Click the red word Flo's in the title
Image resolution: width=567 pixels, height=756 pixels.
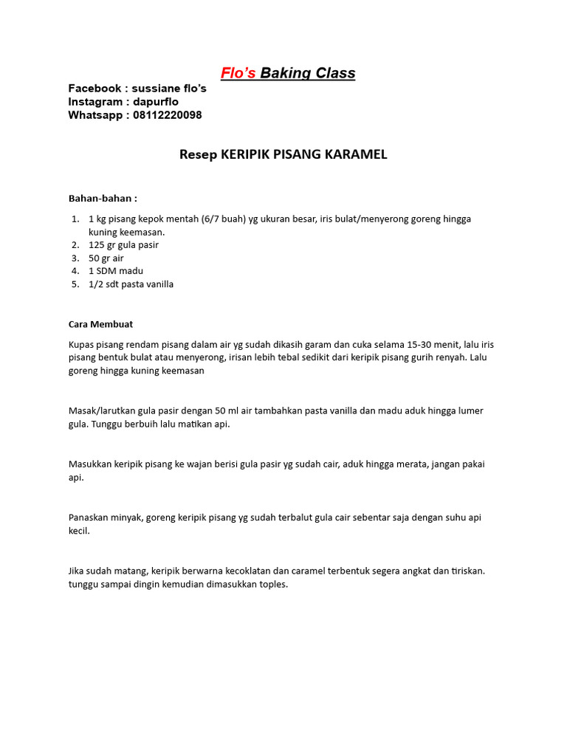click(239, 73)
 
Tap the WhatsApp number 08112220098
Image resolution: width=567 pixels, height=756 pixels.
click(168, 115)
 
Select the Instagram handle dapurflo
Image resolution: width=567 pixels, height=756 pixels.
click(151, 102)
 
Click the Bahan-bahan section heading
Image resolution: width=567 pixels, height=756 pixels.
click(103, 199)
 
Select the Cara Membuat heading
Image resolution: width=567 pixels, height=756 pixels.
click(100, 324)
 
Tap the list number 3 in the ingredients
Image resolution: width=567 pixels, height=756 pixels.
click(75, 258)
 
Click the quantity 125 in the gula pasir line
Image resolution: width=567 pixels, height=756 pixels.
click(97, 245)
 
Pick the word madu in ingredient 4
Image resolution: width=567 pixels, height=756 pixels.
click(131, 271)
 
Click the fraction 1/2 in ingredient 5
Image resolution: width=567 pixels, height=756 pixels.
click(97, 284)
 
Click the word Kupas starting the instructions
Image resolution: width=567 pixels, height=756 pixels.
click(81, 344)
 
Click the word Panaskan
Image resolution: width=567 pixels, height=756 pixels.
click(90, 518)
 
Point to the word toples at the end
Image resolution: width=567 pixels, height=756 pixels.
click(272, 585)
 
